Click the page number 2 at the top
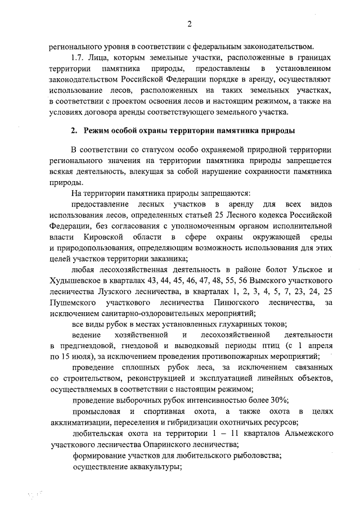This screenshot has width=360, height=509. pyautogui.click(x=190, y=23)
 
